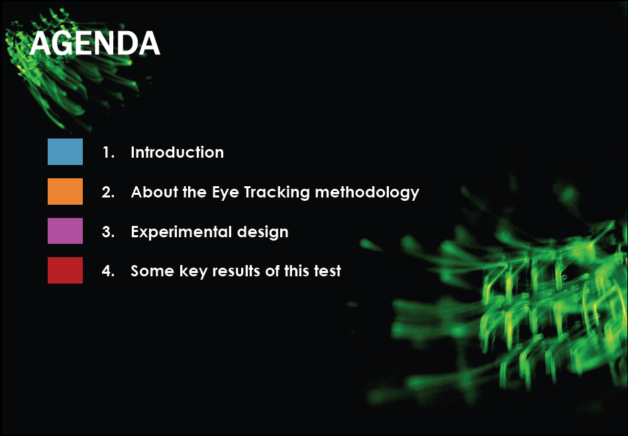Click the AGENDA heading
(95, 43)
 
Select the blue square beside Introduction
(66, 152)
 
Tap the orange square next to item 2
(66, 191)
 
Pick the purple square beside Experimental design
(66, 231)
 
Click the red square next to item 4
(66, 270)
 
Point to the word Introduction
(177, 152)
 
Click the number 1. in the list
(109, 152)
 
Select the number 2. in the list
(108, 192)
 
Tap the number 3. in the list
(108, 232)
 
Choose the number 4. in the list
(108, 271)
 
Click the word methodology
(367, 193)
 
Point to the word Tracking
(277, 193)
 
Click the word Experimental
(182, 233)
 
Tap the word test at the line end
(327, 272)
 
